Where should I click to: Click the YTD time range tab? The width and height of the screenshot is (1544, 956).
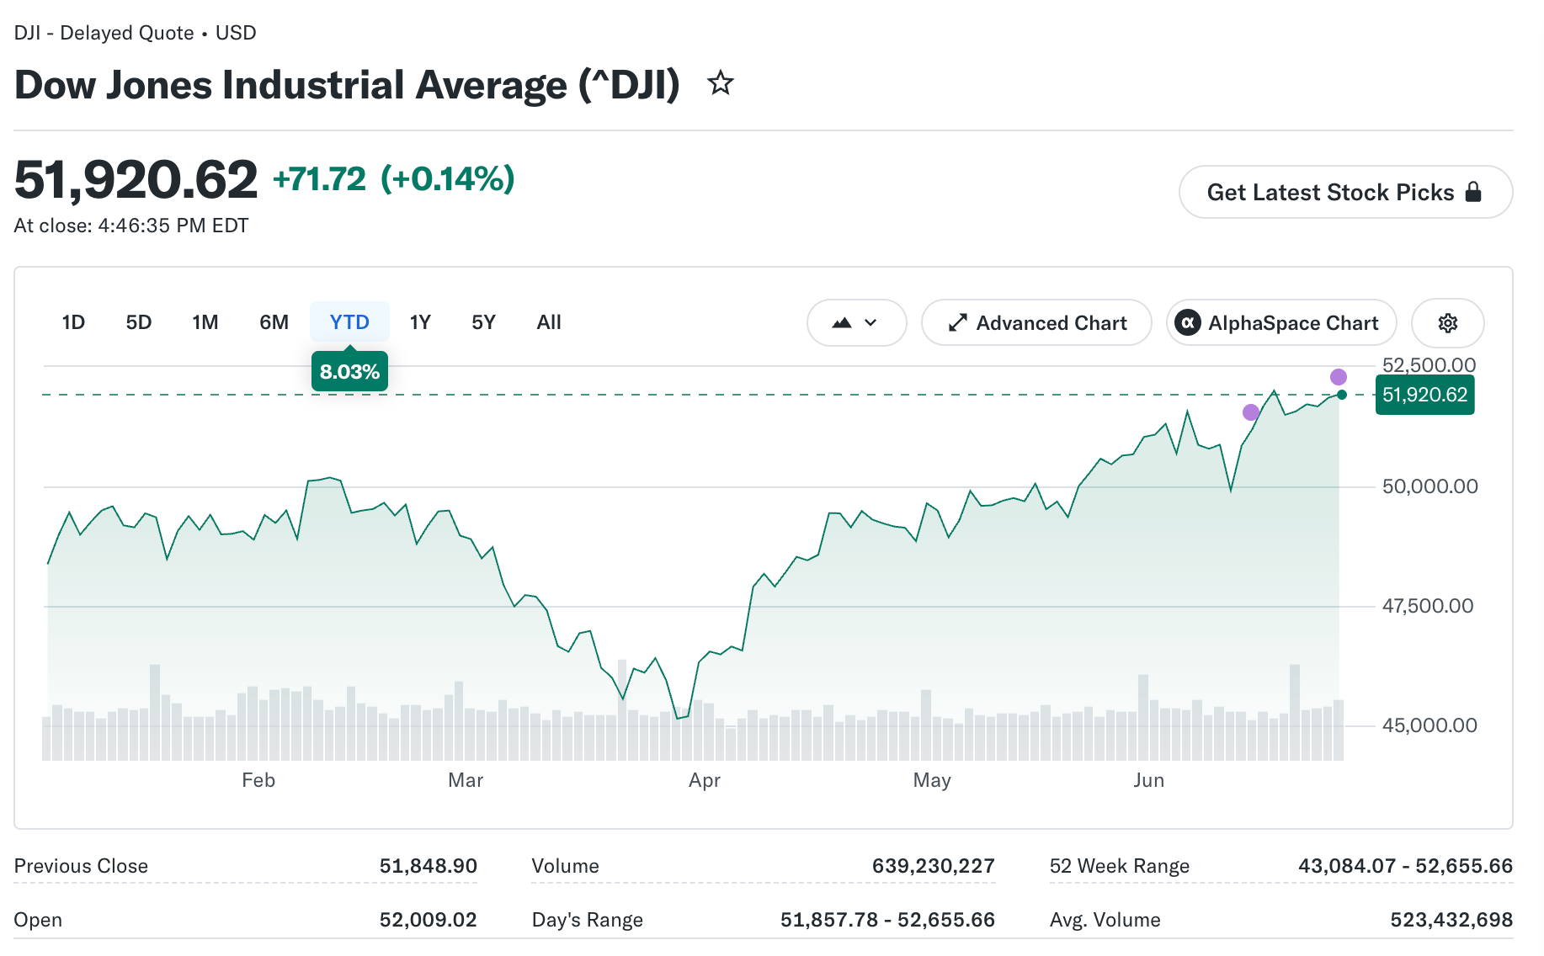[349, 322]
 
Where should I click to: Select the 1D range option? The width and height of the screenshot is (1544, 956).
[73, 322]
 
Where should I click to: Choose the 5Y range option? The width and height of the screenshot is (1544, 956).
[483, 322]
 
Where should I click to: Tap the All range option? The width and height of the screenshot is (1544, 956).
[549, 322]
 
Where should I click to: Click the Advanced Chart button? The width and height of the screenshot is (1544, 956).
[1036, 323]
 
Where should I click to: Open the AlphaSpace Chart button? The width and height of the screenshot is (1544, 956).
[1281, 323]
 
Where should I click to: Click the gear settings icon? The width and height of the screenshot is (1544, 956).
[1448, 323]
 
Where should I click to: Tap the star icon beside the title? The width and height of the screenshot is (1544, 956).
[721, 83]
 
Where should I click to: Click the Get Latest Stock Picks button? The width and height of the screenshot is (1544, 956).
[1345, 192]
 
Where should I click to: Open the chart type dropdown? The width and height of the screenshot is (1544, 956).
[856, 323]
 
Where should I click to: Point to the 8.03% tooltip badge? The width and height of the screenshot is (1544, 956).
[349, 372]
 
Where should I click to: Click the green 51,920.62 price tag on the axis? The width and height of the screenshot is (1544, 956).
[1424, 395]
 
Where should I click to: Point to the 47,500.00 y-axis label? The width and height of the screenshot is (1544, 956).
[1428, 606]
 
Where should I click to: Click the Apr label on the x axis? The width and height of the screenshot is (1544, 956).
[705, 780]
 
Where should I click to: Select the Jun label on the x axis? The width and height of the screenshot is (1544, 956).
[1148, 780]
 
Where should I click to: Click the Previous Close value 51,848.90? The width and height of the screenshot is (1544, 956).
[428, 866]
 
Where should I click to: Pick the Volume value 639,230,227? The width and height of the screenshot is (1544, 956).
[933, 866]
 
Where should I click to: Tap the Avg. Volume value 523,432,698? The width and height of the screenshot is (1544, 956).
[1451, 920]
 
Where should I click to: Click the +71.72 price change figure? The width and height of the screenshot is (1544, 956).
[320, 179]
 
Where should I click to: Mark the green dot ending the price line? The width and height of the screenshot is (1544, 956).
[1341, 395]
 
